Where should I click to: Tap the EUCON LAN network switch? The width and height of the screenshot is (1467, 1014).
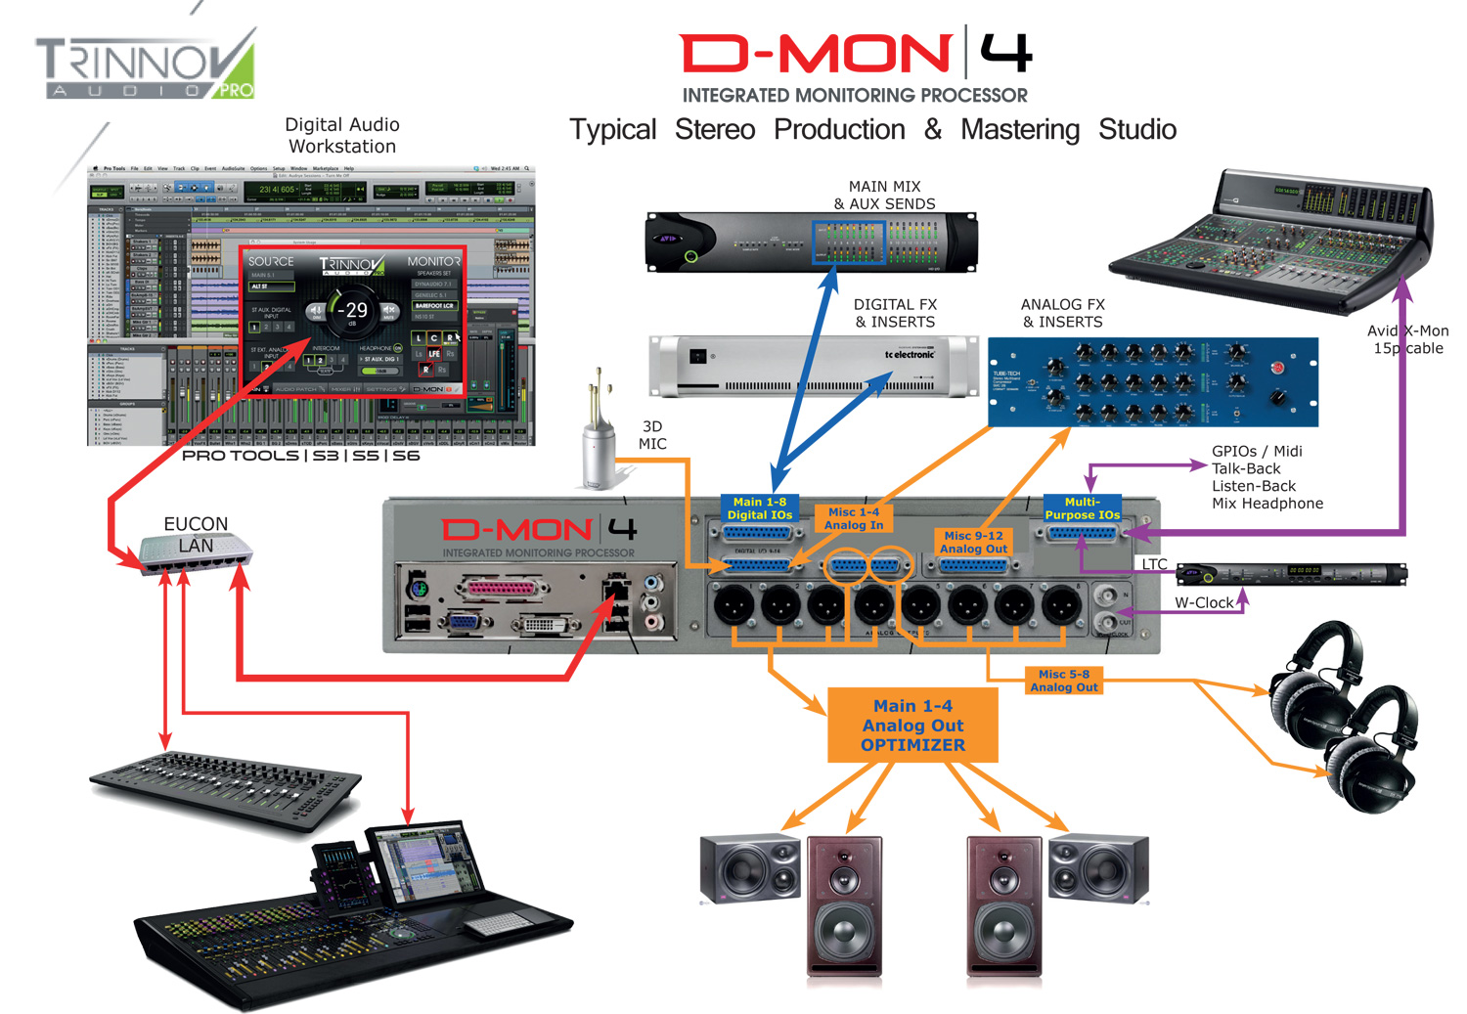(x=197, y=553)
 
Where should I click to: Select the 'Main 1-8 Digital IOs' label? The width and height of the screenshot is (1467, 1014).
(x=759, y=508)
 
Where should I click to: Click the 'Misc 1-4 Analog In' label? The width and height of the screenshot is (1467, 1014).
(x=853, y=518)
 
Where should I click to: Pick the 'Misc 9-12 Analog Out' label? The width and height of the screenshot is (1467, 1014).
(x=973, y=543)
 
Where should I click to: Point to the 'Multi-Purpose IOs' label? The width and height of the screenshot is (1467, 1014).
(x=1082, y=508)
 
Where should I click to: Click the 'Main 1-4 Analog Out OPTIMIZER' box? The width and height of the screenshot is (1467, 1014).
(x=912, y=726)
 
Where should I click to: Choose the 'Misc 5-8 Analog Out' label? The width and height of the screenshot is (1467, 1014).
(x=1064, y=681)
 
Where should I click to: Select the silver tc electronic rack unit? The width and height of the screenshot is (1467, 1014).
(x=813, y=367)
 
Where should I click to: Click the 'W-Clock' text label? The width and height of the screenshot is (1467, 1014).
(x=1204, y=603)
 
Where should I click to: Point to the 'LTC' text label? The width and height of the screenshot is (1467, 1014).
(x=1154, y=564)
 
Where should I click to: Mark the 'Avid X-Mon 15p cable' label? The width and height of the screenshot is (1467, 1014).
(x=1408, y=339)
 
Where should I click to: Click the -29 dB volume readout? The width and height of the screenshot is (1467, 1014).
(x=354, y=311)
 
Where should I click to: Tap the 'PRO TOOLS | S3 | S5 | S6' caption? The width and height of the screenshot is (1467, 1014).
(x=300, y=456)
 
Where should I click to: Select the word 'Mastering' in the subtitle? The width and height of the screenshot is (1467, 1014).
(x=1020, y=129)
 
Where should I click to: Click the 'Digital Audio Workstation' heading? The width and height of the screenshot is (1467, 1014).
(x=342, y=135)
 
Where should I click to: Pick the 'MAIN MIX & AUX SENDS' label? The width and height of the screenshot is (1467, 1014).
(x=884, y=195)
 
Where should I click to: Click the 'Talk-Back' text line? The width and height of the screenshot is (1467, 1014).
(x=1246, y=468)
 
